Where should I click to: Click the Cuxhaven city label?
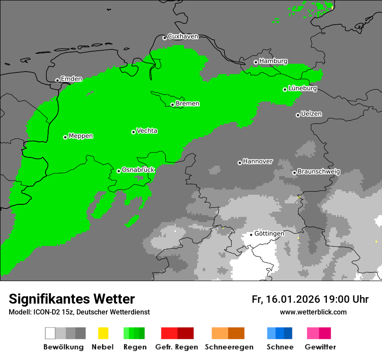click(183, 37)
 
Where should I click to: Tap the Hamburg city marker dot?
click(256, 62)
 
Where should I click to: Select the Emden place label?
click(71, 79)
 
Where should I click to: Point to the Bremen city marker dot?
click(172, 105)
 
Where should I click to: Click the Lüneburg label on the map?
click(303, 88)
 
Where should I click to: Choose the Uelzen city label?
click(311, 114)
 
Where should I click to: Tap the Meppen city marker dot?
click(65, 137)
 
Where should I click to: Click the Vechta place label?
click(147, 131)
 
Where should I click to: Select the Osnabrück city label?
click(138, 170)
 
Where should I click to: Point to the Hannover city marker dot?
click(240, 163)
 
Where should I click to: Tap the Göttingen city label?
click(269, 234)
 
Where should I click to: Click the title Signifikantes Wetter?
click(72, 299)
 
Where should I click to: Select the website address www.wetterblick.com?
click(313, 312)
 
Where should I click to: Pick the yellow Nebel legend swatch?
click(103, 333)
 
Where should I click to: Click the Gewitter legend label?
click(320, 347)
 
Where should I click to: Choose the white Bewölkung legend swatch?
click(50, 333)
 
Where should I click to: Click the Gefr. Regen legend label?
click(177, 347)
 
